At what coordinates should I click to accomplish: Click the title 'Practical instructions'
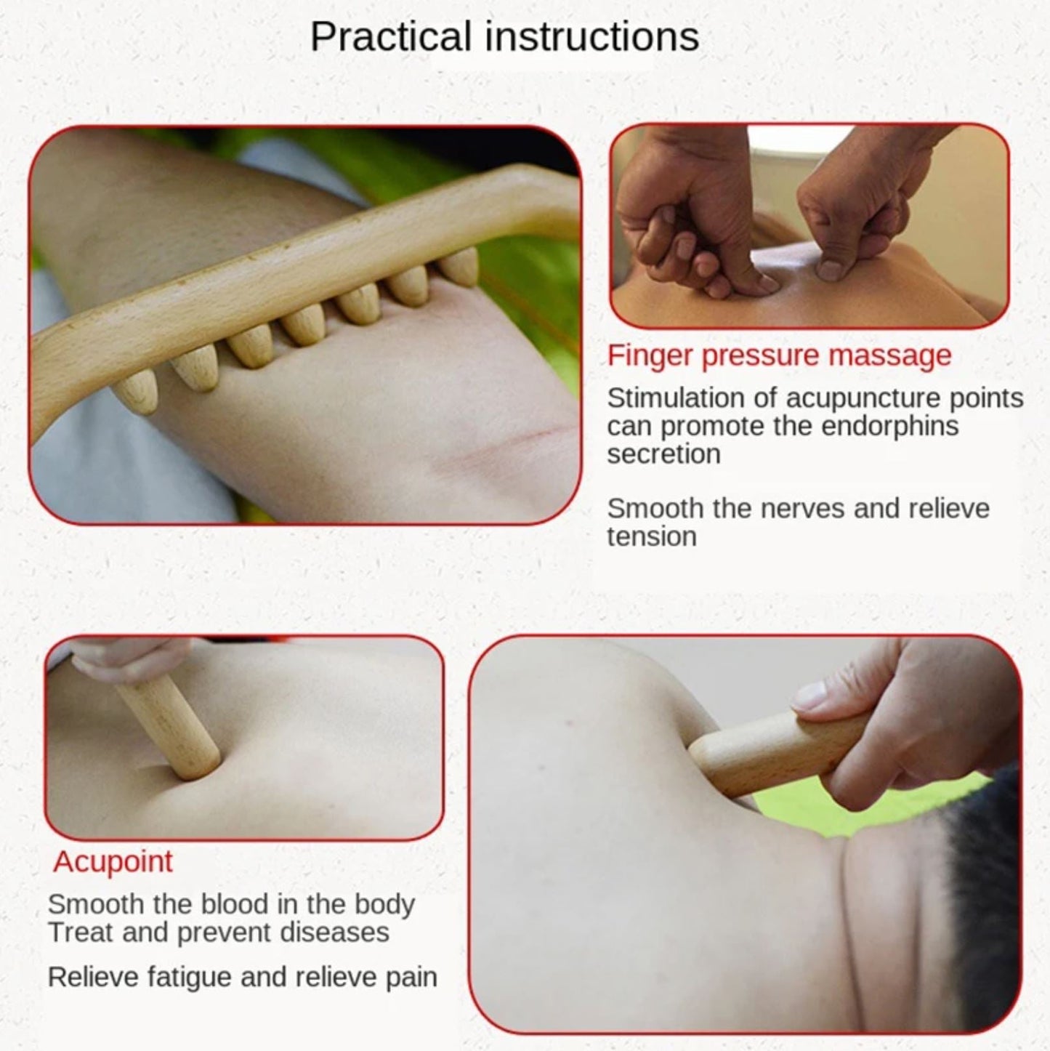pos(504,37)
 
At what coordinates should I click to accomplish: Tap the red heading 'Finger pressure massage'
pos(779,355)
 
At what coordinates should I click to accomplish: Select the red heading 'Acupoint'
pos(113,861)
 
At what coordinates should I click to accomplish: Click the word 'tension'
pos(651,537)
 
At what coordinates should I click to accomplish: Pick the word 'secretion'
pos(663,454)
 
